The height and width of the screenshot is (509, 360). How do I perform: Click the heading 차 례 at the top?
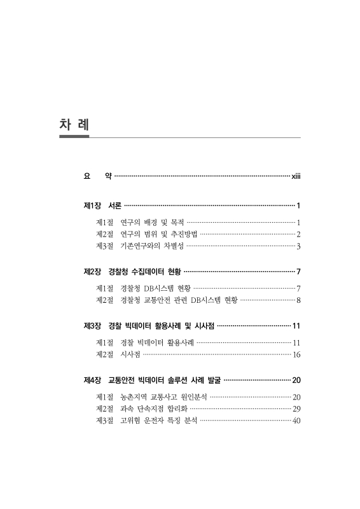[x=74, y=124]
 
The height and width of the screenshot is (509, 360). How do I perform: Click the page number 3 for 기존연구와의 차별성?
[x=298, y=246]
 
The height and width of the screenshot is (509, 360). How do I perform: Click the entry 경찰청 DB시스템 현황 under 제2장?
[x=155, y=289]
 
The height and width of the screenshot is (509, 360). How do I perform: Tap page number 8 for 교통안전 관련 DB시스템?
[x=298, y=300]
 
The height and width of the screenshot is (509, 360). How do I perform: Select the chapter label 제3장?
[x=93, y=327]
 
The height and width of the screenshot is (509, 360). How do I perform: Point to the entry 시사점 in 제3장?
[x=130, y=355]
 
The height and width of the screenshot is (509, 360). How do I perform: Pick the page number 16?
[x=296, y=355]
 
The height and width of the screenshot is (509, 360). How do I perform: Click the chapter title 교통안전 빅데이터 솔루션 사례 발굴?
[x=165, y=382]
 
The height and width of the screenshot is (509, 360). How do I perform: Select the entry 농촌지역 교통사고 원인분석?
[x=163, y=398]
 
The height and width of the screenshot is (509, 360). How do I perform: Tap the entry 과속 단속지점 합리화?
[x=153, y=409]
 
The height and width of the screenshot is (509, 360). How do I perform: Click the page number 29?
[x=296, y=409]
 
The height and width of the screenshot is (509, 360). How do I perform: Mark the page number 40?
[x=296, y=421]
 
